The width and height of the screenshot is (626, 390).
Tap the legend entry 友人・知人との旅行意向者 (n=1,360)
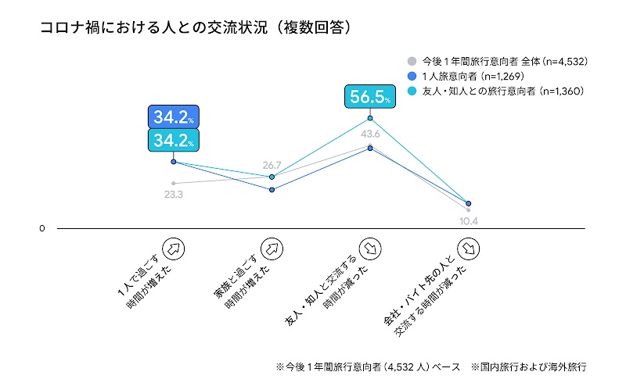(497, 91)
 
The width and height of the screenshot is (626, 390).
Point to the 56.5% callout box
(370, 97)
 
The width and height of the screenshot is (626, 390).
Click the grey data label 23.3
(173, 195)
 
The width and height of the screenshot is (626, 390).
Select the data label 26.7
(272, 165)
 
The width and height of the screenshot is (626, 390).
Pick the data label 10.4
(469, 220)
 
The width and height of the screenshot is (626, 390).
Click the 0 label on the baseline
(42, 229)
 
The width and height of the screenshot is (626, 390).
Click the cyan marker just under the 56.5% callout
(370, 119)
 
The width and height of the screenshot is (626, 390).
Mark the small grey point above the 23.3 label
(173, 183)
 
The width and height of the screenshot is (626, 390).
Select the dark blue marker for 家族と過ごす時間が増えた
(272, 189)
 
